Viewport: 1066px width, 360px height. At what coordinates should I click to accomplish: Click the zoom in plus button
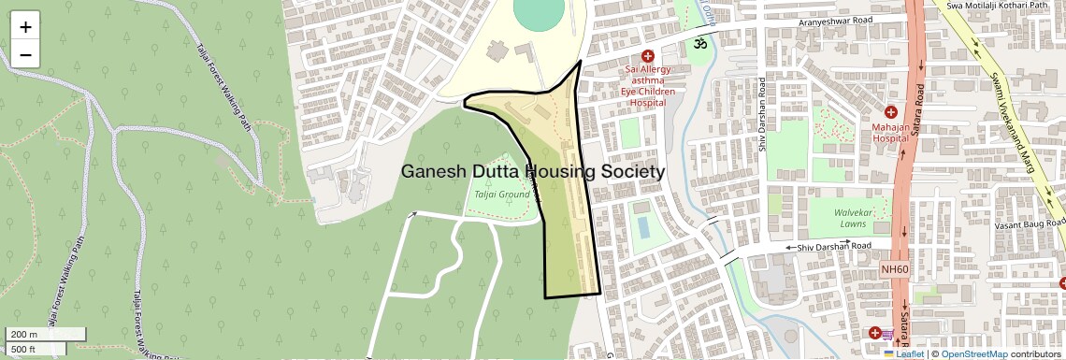[x=25, y=27]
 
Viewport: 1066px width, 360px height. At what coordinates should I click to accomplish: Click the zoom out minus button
[x=25, y=55]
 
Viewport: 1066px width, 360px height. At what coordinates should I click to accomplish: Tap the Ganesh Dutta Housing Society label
[x=533, y=172]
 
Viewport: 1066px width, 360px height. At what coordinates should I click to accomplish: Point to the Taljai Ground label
[x=502, y=194]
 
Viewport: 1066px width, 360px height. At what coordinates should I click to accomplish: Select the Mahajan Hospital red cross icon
[x=889, y=112]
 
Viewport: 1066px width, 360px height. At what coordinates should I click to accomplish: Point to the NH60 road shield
[x=895, y=269]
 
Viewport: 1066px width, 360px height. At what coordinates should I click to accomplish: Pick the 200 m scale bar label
[x=24, y=335]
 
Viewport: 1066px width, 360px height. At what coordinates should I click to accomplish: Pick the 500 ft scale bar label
[x=24, y=350]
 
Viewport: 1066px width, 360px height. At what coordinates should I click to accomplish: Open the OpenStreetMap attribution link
[x=973, y=354]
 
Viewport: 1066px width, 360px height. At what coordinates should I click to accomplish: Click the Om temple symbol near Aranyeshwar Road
[x=697, y=42]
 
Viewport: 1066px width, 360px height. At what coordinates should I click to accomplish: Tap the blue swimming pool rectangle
[x=642, y=226]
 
